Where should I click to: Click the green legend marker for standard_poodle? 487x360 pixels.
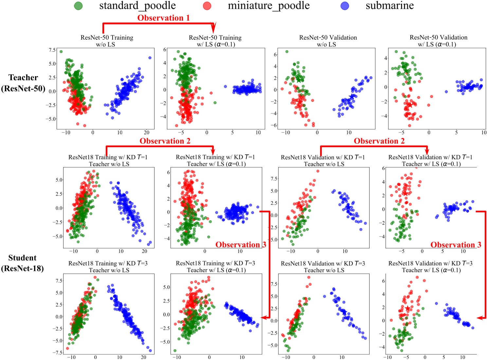point(78,6)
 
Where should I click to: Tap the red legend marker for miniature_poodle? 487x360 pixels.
point(207,6)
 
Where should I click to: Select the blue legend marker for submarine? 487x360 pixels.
point(345,6)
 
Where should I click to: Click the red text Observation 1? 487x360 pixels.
point(163,18)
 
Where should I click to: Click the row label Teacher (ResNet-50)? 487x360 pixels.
point(23,83)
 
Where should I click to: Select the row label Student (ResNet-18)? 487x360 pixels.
point(22,263)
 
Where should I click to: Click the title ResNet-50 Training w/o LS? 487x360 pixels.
point(107,41)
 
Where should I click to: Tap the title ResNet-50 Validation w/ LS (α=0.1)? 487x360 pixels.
point(438,41)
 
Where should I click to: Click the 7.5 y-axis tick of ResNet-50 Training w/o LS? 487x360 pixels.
point(52,50)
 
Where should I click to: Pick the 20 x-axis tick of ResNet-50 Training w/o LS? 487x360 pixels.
point(147,132)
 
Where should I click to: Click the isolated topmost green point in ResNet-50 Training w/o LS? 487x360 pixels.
point(61,51)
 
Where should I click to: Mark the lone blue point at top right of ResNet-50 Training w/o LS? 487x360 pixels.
point(150,58)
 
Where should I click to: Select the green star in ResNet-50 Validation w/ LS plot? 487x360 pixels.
point(406,70)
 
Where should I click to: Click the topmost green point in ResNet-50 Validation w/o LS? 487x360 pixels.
point(287,51)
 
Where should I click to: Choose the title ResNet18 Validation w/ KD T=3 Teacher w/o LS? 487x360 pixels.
point(323,267)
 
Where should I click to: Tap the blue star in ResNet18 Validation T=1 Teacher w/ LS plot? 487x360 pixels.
point(453,208)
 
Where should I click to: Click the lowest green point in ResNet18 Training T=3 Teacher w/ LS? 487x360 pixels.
point(175,351)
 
